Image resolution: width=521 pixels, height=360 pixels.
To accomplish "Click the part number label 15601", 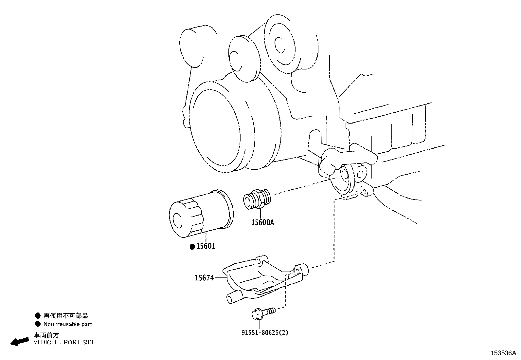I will (206, 246).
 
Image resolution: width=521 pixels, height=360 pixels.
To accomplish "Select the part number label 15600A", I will (262, 222).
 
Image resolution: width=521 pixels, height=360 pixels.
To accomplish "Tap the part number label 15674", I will (204, 278).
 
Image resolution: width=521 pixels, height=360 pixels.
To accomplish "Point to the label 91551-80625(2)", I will (265, 332).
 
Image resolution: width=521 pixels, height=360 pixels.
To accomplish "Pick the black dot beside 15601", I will (192, 247).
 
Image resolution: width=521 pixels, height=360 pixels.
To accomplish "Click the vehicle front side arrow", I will (19, 341).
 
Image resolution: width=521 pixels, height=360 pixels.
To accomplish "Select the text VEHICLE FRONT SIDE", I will (64, 342).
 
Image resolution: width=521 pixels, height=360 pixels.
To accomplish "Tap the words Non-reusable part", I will (68, 324).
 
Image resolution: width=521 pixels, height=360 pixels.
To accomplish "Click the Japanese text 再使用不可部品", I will (66, 316).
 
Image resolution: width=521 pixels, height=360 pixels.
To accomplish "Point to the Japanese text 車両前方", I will (46, 335).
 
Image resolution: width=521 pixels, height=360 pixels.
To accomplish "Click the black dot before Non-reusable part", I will (38, 324).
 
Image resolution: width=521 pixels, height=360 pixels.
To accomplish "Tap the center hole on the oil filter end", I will (178, 221).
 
